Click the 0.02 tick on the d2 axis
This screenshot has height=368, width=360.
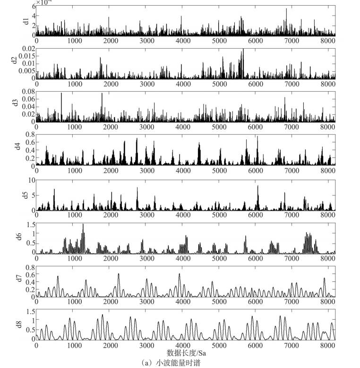coord(27,49)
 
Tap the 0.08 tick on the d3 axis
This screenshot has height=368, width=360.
coord(27,91)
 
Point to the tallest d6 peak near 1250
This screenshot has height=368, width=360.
coord(83,225)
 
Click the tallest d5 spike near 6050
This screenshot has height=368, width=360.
coord(258,185)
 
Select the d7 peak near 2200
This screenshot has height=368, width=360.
coord(119,274)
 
